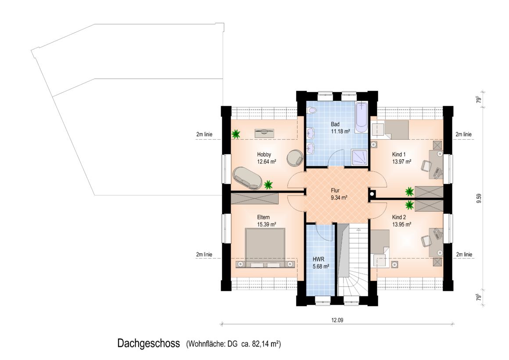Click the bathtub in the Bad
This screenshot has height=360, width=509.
pyautogui.click(x=361, y=118)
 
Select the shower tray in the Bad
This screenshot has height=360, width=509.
pyautogui.click(x=360, y=158)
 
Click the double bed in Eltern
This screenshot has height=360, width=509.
pyautogui.click(x=265, y=248)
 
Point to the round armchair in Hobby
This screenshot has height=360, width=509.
pyautogui.click(x=295, y=158)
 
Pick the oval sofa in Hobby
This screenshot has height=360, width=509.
pyautogui.click(x=247, y=178)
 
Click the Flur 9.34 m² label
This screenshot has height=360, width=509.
pyautogui.click(x=339, y=194)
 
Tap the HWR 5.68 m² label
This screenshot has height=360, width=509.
pyautogui.click(x=321, y=263)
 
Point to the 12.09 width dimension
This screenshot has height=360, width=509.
pyautogui.click(x=337, y=320)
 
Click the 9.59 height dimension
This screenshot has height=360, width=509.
pyautogui.click(x=479, y=198)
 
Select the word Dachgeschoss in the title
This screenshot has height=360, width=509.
pyautogui.click(x=149, y=343)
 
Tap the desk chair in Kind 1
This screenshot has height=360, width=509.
pyautogui.click(x=426, y=166)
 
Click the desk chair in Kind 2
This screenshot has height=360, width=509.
pyautogui.click(x=426, y=241)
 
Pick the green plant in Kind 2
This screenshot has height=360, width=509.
pyautogui.click(x=410, y=205)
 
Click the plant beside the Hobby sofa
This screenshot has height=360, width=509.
pyautogui.click(x=268, y=185)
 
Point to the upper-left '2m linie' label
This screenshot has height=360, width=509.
pyautogui.click(x=204, y=134)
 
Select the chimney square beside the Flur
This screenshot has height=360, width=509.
pyautogui.click(x=372, y=194)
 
